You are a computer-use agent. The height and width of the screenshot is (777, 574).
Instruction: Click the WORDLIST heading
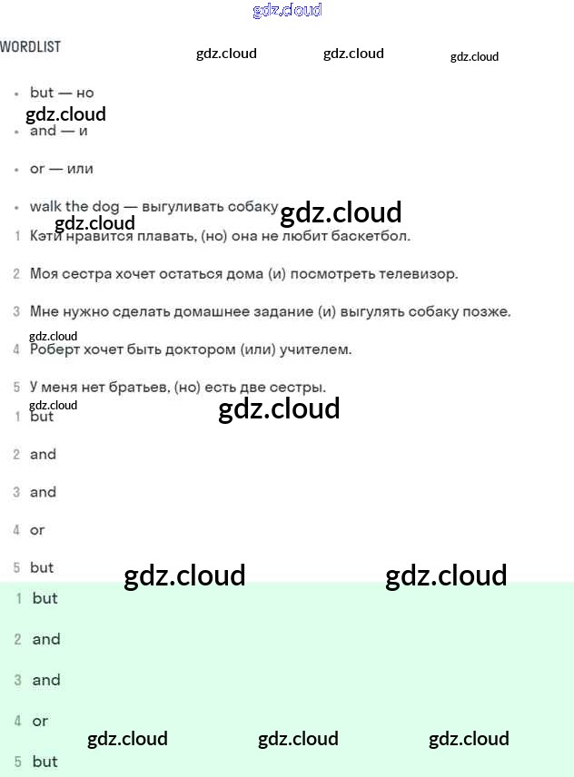(31, 46)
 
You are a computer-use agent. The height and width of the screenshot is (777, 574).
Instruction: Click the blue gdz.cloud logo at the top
(287, 11)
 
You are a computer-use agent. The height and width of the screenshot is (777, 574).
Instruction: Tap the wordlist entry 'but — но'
(62, 93)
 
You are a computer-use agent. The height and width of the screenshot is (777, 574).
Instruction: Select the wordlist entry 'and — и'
(58, 131)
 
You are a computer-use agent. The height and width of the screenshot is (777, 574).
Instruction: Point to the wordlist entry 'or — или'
(61, 169)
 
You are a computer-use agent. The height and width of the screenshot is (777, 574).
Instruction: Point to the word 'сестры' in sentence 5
(300, 387)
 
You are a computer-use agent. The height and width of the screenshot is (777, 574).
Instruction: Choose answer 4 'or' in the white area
(37, 530)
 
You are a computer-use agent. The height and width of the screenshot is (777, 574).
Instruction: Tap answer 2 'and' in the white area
(43, 454)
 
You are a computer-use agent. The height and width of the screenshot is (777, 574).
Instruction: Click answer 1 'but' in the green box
(45, 598)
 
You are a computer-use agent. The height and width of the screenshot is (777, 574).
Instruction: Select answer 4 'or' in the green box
(40, 721)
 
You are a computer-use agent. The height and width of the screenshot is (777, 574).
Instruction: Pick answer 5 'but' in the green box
(45, 762)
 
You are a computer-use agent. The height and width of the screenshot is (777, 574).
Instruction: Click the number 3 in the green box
(17, 680)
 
